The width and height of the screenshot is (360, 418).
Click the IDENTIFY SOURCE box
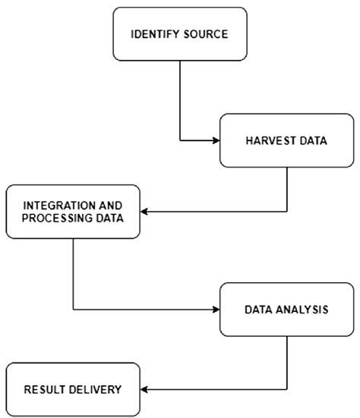coord(180,34)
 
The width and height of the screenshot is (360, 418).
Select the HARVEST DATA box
coord(286,140)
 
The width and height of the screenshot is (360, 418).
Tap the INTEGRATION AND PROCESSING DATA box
coord(73,212)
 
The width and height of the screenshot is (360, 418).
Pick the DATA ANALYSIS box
coord(286,310)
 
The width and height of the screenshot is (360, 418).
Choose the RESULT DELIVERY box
coord(73,389)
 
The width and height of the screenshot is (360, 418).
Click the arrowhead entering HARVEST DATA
coord(215,140)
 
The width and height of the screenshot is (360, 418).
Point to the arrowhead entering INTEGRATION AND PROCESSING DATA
coord(146,212)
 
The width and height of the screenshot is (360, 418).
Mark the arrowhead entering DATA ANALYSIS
coord(215,310)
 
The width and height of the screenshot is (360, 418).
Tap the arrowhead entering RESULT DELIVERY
coord(146,389)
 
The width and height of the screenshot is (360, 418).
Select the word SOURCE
coord(204,35)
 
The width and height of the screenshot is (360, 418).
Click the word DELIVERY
coord(94,390)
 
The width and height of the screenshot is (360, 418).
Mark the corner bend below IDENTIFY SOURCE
coord(180,140)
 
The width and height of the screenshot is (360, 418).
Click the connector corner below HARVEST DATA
coord(286,212)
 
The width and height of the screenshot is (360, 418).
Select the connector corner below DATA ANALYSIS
coord(286,389)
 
